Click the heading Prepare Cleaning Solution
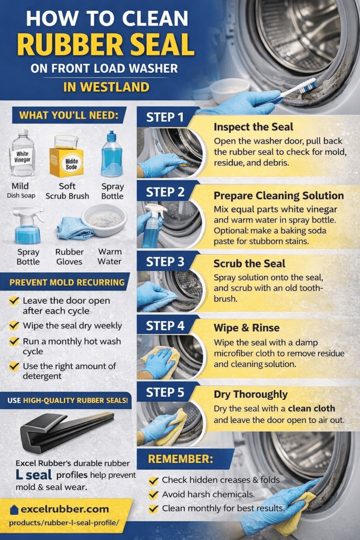(278, 196)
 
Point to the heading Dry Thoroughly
(250, 394)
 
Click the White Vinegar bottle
(22, 153)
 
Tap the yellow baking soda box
(66, 158)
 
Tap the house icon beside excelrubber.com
(14, 509)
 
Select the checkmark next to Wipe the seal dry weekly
(15, 326)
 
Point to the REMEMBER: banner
(180, 459)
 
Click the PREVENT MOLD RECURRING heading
(67, 282)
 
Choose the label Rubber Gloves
(70, 257)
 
